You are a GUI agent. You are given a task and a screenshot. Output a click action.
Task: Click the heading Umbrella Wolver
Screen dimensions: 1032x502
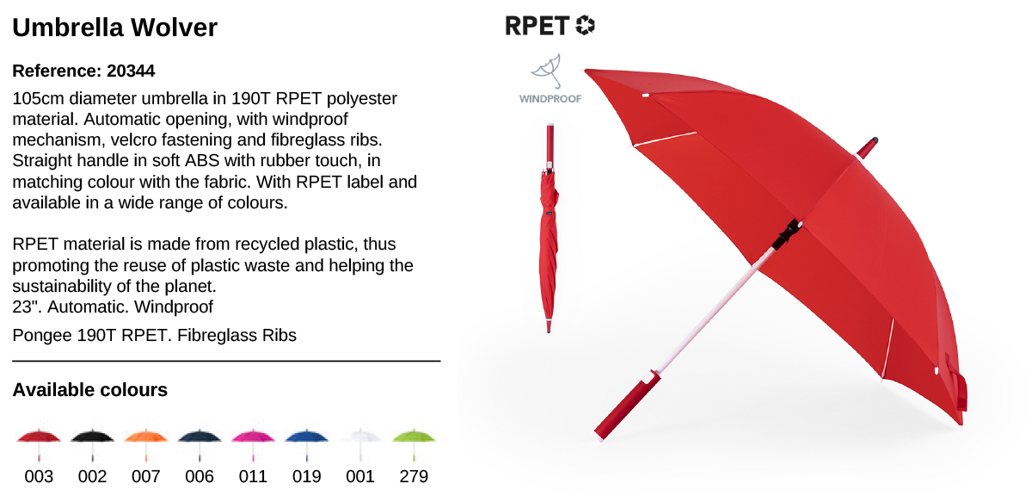tap(114, 28)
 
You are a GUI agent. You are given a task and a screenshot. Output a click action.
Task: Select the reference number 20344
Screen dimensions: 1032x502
tap(131, 71)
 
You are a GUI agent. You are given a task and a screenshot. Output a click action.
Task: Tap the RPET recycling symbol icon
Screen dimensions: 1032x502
tap(585, 25)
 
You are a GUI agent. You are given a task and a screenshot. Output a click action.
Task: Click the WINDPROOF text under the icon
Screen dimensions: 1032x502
tap(550, 99)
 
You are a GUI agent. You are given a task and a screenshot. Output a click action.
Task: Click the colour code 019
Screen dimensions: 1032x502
tap(306, 476)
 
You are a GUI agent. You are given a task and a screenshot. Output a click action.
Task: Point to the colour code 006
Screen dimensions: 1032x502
tap(200, 476)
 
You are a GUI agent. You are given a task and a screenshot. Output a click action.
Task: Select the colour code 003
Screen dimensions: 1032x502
tap(39, 476)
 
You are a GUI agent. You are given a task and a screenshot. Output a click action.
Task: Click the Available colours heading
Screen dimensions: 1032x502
tap(89, 390)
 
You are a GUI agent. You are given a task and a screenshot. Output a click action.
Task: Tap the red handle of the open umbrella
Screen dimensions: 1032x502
tap(626, 406)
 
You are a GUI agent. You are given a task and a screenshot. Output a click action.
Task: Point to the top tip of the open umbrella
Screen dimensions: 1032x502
tap(875, 140)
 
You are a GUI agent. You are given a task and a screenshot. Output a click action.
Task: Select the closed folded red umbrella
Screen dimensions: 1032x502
tap(550, 228)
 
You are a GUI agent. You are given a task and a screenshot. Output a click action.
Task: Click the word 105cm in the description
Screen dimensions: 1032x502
tap(38, 99)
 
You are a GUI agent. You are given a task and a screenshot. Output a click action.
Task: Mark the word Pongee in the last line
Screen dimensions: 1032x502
tap(42, 336)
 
